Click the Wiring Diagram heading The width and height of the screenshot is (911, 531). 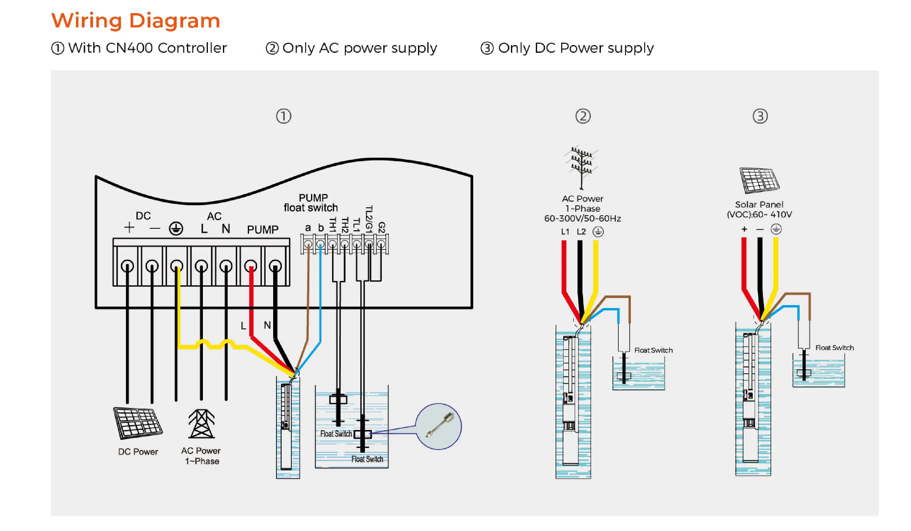[x=136, y=21]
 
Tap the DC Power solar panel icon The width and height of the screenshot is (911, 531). [x=137, y=423]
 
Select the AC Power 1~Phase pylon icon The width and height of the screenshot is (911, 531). [x=201, y=424]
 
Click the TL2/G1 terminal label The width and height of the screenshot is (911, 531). [x=369, y=219]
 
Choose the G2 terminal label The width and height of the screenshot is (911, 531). [x=381, y=227]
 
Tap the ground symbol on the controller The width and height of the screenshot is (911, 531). [x=176, y=228]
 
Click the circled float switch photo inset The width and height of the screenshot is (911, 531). [x=438, y=427]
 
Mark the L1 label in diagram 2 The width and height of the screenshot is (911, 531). [x=565, y=232]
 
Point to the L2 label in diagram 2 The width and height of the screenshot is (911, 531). [x=581, y=232]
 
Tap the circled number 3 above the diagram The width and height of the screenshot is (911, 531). [x=760, y=116]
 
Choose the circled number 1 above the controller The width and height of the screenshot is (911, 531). [x=283, y=116]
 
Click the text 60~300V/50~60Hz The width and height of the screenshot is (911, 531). [x=582, y=219]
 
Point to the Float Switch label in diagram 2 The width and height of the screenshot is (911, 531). [x=653, y=350]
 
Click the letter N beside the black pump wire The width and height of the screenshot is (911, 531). [x=267, y=325]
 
